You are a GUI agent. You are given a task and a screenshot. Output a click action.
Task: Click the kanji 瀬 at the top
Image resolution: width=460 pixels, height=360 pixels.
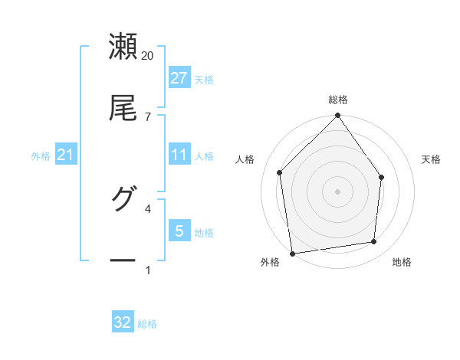(x=123, y=47)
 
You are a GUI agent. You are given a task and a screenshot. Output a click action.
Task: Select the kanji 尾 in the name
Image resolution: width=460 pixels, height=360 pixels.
(x=123, y=107)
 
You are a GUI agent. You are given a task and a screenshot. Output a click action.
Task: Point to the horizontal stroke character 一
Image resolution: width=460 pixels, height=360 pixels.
(x=123, y=260)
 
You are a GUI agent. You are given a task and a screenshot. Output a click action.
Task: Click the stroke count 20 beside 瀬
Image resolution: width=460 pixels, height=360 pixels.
(x=148, y=56)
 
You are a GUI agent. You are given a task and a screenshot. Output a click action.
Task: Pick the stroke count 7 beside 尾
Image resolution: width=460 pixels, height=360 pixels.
(x=148, y=116)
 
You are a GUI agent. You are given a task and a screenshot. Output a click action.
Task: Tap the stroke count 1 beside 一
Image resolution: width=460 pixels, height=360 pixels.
(x=148, y=270)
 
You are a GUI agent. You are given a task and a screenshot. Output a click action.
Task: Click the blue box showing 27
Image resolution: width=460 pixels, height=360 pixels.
(x=179, y=78)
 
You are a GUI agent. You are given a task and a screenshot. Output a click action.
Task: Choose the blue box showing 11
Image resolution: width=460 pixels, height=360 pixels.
(x=179, y=155)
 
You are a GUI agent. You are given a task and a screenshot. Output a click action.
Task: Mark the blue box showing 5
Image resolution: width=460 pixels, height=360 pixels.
(x=179, y=231)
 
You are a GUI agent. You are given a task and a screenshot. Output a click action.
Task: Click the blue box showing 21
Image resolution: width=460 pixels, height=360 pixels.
(x=65, y=155)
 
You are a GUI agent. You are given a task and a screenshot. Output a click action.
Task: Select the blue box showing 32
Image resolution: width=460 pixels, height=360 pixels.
(x=123, y=322)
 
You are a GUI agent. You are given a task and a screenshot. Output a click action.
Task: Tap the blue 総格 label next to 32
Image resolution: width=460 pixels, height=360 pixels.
(x=148, y=324)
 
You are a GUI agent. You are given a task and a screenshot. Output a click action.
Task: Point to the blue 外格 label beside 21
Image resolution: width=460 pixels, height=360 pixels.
(x=41, y=156)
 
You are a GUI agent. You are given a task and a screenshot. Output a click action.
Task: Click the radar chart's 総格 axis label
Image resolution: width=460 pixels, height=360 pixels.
(x=338, y=100)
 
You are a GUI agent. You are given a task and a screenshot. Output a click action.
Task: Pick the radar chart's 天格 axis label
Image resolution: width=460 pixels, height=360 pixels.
(x=432, y=159)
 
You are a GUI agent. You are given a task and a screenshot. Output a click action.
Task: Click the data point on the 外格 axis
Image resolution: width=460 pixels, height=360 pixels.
(x=292, y=253)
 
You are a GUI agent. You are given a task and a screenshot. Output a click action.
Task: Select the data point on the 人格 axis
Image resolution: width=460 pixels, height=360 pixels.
(x=280, y=172)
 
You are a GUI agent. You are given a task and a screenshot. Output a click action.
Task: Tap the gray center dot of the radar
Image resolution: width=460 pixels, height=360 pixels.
(x=338, y=191)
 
